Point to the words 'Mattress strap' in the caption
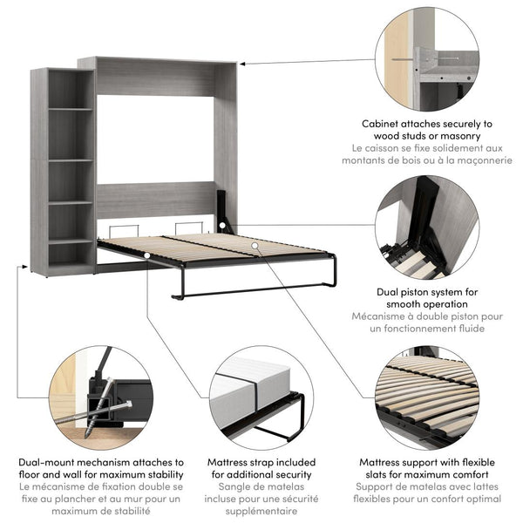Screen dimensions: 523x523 click(x=246, y=462)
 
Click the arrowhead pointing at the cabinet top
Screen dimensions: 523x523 click(x=241, y=64)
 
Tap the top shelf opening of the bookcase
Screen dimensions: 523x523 click(x=71, y=89)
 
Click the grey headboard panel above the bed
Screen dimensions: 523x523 click(x=155, y=200)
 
